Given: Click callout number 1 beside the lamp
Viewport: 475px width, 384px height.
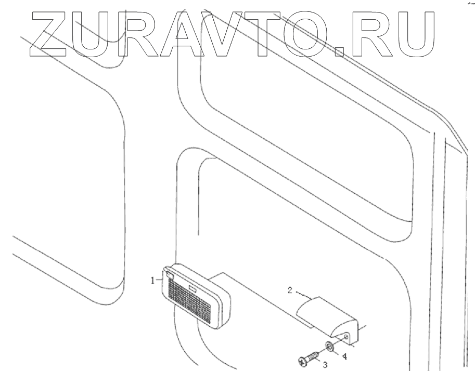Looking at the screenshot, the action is coord(153,280).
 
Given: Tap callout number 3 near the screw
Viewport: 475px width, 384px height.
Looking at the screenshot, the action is coord(325,365).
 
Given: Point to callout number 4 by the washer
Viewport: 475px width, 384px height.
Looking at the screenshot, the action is coord(344,356).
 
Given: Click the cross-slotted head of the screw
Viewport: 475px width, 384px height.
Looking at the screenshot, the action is coord(303,361).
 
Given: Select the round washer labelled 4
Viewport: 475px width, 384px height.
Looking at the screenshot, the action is coord(329,347).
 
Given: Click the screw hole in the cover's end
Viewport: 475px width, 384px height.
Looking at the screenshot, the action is coord(347,337).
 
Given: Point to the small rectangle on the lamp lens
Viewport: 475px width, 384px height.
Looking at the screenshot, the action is coord(193,287).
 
